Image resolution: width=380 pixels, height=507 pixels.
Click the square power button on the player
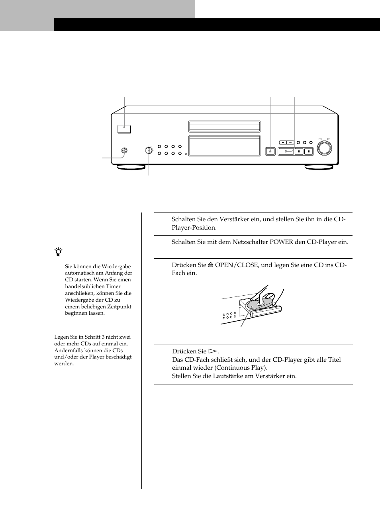pos(124,129)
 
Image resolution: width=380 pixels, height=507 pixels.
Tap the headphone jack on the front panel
pos(124,151)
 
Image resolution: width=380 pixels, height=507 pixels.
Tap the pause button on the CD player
pos(299,151)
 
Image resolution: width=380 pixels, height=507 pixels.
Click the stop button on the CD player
pos(309,151)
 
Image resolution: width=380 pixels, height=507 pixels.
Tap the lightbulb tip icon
pos(59,252)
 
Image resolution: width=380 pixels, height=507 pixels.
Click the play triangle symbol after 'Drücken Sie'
pos(213,351)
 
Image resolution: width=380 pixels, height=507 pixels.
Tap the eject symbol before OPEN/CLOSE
pos(211,265)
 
